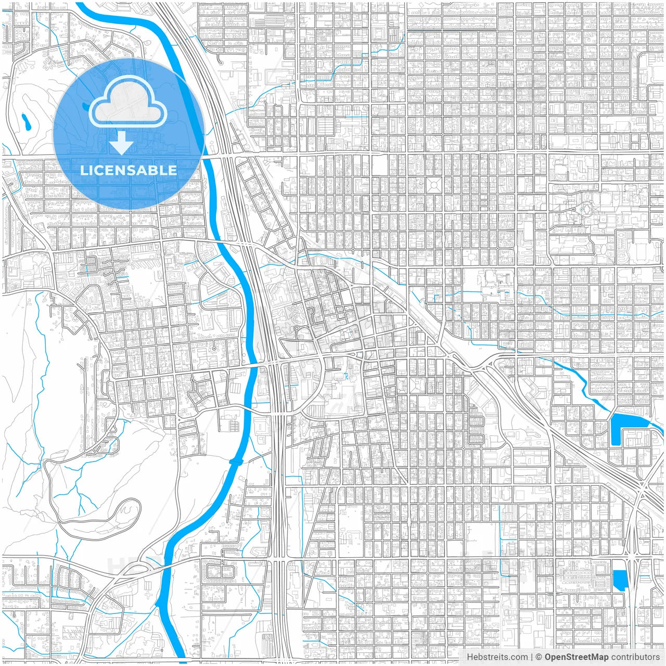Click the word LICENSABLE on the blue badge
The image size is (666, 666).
(129, 170)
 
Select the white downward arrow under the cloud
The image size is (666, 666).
(122, 143)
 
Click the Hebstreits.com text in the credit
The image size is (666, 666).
(497, 657)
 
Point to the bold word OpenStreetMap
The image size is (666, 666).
(577, 657)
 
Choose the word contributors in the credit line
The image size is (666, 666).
(635, 657)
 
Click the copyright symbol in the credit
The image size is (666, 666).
(539, 657)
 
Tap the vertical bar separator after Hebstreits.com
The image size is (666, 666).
(531, 657)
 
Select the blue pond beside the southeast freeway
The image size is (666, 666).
(620, 580)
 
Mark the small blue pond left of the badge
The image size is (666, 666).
(25, 122)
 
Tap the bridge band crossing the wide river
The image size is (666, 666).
(236, 462)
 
